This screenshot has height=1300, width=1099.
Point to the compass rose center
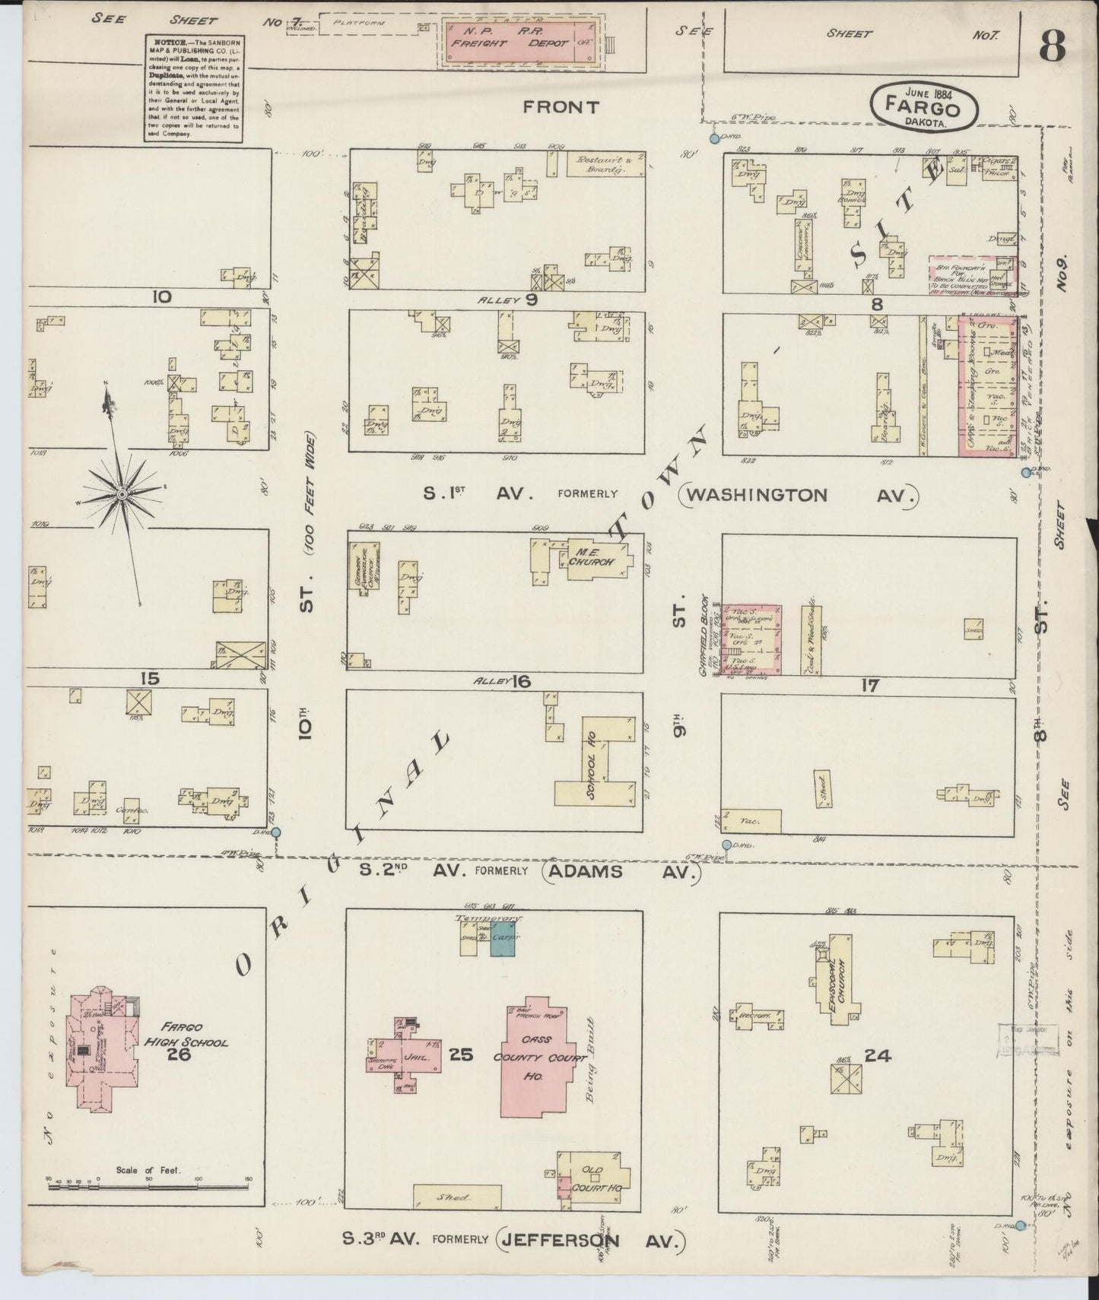coord(120,495)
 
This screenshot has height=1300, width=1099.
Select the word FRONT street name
coord(561,107)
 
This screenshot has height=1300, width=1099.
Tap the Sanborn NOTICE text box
coord(192,88)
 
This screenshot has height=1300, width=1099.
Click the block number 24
coord(877,1055)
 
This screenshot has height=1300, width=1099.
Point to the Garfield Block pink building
coord(751,639)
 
